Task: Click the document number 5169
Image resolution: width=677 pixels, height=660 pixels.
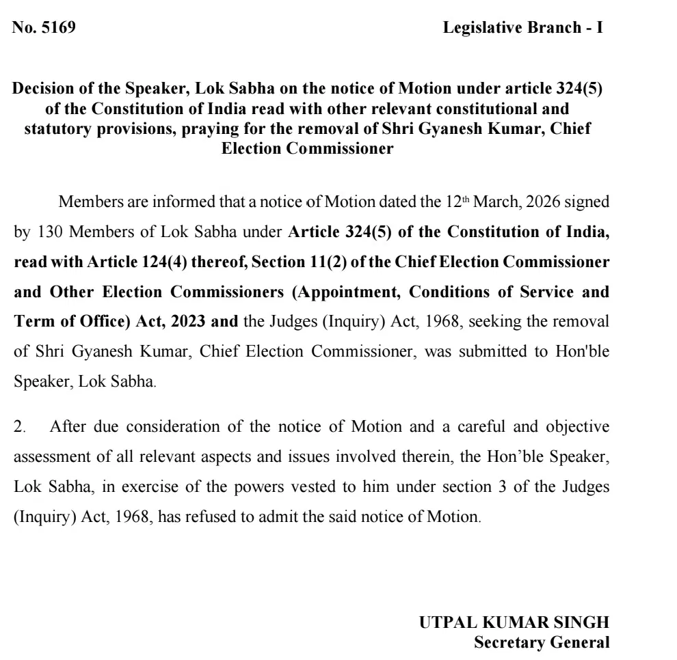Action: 59,29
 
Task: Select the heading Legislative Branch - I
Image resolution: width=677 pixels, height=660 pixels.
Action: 523,29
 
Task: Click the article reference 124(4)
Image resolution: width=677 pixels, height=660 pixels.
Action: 152,262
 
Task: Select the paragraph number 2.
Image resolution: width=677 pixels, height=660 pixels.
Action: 19,427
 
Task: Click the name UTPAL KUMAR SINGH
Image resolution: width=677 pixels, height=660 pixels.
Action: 513,622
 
